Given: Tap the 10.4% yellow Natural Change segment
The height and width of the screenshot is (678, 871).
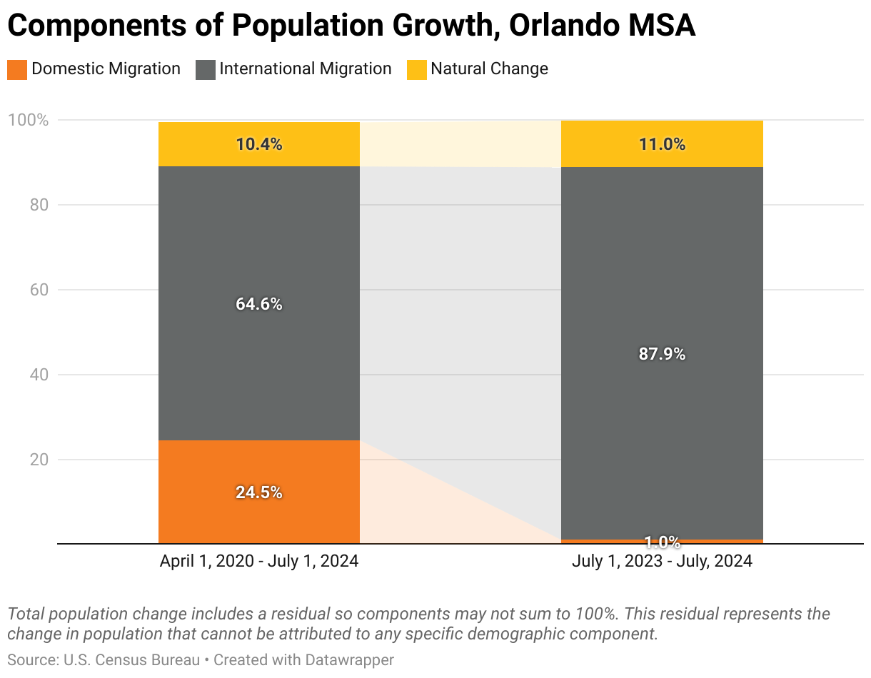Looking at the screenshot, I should point(258,144).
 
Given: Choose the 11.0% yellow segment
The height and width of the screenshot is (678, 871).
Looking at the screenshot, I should point(662,144).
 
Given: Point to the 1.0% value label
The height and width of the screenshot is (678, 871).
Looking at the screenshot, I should point(662,542).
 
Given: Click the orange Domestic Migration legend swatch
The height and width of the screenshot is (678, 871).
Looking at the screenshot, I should point(17,70).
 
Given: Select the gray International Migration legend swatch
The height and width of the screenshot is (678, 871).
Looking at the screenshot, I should point(206,70).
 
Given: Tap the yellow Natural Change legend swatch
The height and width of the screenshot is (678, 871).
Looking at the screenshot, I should point(417,70).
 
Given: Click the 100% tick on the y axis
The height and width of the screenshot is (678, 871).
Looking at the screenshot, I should point(28,120).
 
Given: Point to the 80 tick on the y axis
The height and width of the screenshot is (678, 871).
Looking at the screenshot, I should point(39,205).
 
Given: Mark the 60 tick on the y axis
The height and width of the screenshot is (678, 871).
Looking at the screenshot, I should point(39,290).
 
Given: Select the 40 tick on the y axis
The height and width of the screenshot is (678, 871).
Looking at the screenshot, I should point(39,375).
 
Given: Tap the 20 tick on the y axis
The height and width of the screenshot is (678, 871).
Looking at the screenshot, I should point(39,460).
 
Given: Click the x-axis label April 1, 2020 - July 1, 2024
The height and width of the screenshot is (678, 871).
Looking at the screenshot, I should point(258,562).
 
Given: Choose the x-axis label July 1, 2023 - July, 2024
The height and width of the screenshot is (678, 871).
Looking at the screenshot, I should point(662,562).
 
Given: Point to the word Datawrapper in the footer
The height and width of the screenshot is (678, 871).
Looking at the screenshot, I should point(350,660).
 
